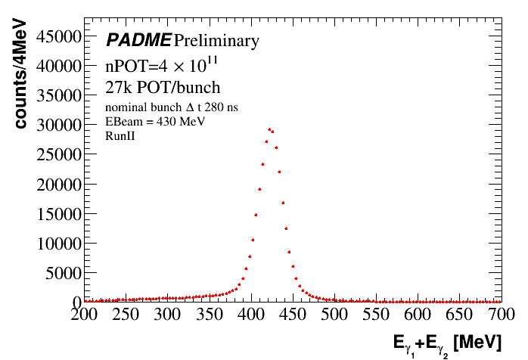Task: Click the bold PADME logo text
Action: click(138, 40)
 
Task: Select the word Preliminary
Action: click(216, 40)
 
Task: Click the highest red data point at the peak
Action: click(269, 129)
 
